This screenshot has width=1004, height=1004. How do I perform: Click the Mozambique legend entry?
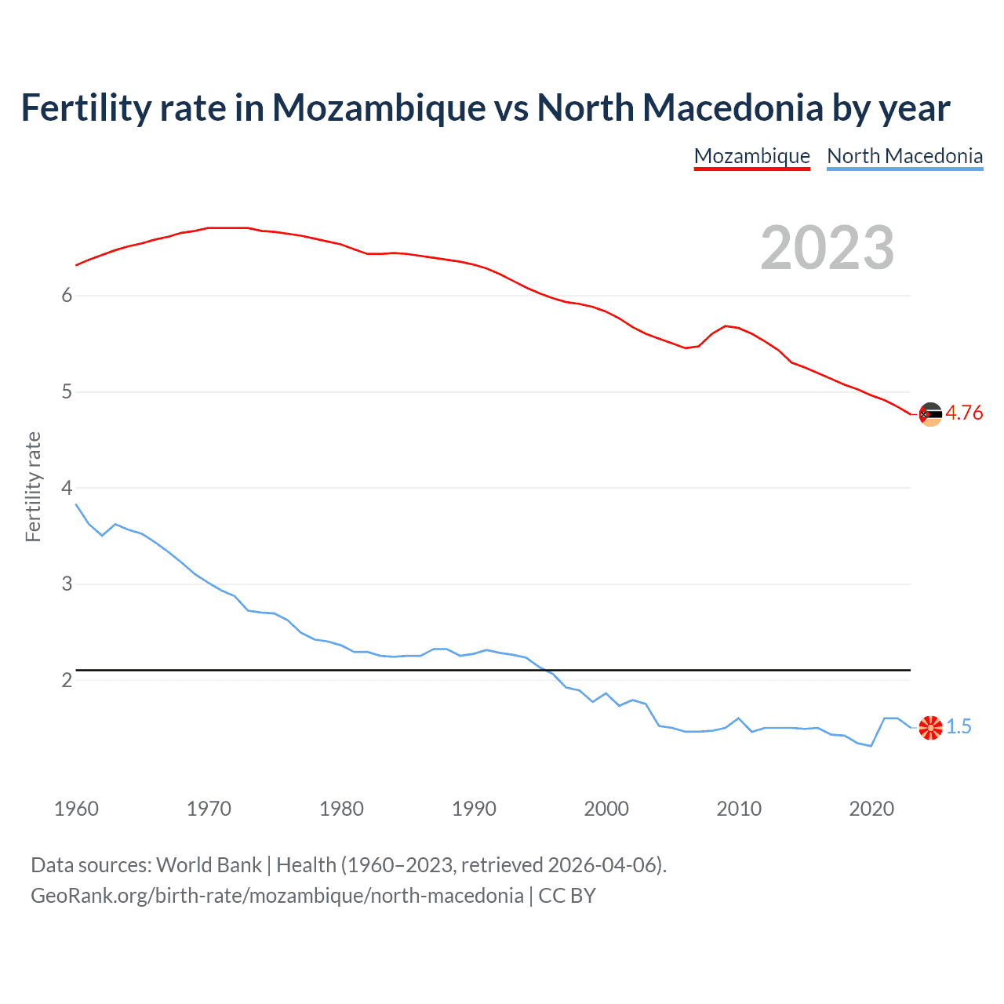[x=751, y=156]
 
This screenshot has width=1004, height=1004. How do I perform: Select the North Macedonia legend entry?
[x=904, y=156]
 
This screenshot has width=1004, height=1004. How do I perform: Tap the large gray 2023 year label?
[x=827, y=248]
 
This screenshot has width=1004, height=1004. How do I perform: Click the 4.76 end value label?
[x=964, y=413]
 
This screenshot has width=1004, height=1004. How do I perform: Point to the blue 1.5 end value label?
[x=959, y=727]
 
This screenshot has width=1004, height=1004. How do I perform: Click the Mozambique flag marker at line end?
[x=930, y=414]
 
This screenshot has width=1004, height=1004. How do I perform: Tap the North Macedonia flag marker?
[x=930, y=728]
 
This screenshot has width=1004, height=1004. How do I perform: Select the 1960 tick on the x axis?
[x=76, y=809]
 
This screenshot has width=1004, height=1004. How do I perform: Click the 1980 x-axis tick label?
[x=341, y=809]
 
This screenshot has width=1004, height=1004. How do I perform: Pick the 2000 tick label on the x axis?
[x=606, y=809]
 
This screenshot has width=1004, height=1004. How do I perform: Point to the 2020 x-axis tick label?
[x=871, y=809]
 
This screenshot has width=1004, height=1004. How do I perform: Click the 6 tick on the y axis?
[x=67, y=296]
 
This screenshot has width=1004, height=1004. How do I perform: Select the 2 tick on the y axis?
[x=67, y=680]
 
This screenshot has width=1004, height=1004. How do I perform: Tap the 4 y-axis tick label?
[x=67, y=488]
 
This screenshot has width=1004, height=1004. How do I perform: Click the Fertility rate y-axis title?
[x=33, y=487]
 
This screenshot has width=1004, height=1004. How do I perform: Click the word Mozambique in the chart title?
[x=379, y=107]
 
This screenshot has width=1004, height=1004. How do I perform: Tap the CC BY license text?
[x=567, y=896]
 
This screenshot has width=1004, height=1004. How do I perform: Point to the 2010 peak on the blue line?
[x=738, y=718]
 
